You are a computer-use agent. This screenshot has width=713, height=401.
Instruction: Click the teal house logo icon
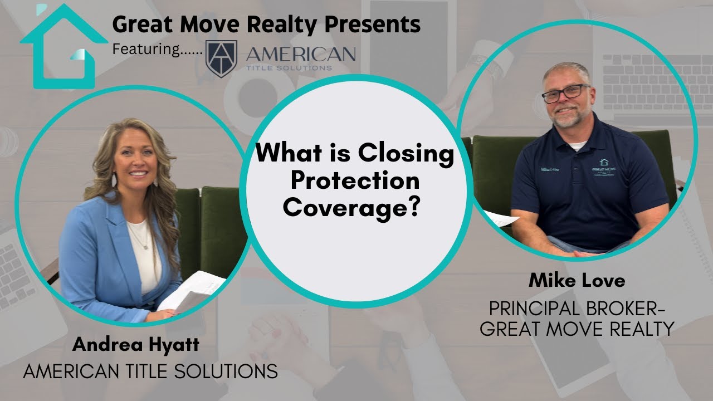tap(62, 47)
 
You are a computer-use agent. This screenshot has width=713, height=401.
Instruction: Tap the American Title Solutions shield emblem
tap(221, 58)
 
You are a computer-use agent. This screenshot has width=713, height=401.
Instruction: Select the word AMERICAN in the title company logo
tap(300, 54)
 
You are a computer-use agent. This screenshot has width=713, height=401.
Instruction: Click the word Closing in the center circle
tap(407, 153)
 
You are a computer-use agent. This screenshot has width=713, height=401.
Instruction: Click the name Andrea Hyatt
tap(135, 345)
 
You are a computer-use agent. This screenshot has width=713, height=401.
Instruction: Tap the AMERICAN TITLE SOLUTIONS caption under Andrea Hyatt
tap(150, 371)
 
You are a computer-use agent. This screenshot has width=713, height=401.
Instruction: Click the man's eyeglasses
tap(565, 93)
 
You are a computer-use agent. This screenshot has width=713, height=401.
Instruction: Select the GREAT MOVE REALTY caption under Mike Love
tap(577, 329)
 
